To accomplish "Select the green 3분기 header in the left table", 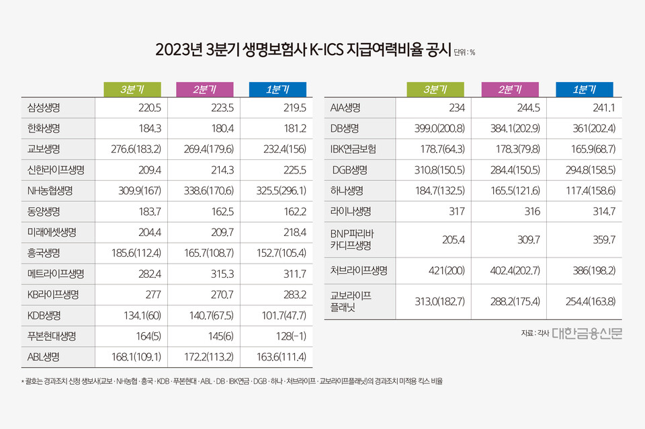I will (x=132, y=89).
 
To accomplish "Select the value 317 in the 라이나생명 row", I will (x=457, y=212).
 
